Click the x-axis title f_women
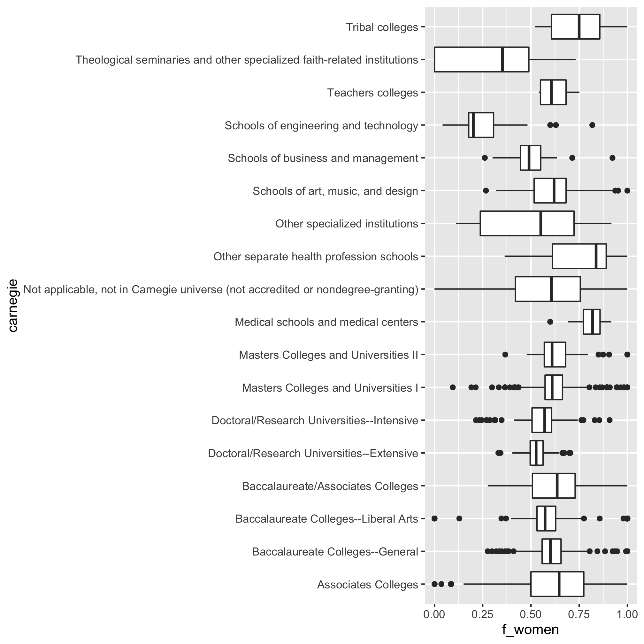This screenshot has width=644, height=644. [x=530, y=629]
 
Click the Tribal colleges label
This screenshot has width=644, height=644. [x=382, y=27]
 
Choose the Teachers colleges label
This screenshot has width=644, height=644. [x=372, y=93]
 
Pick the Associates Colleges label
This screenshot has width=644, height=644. [x=367, y=585]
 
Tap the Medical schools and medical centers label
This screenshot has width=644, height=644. [x=326, y=322]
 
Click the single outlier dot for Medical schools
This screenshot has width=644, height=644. [x=550, y=322]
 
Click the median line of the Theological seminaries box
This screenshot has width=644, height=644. [x=502, y=59]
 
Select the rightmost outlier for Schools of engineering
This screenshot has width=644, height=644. [x=592, y=125]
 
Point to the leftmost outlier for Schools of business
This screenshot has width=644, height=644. [x=485, y=158]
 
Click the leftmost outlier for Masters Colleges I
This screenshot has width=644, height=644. [x=453, y=387]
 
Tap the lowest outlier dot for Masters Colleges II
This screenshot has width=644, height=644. [x=505, y=354]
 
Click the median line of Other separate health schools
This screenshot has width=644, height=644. [x=596, y=256]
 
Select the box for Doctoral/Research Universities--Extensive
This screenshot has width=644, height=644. [x=536, y=453]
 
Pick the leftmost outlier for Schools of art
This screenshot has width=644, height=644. [x=486, y=191]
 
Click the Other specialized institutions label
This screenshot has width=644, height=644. [x=347, y=224]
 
